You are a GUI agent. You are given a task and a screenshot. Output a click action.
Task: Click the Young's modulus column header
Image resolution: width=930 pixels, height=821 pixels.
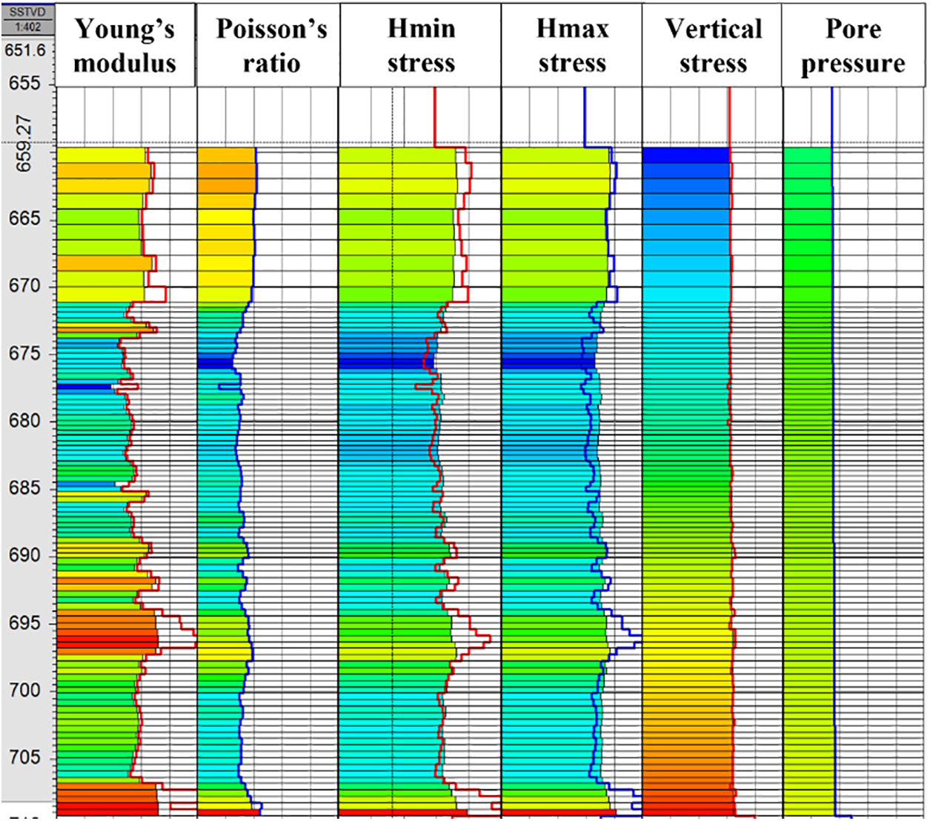click(124, 45)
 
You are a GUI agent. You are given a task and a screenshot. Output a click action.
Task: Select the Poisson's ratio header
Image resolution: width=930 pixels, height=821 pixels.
click(271, 45)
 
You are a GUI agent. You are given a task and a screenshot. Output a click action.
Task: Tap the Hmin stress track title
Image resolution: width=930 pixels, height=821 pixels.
click(421, 45)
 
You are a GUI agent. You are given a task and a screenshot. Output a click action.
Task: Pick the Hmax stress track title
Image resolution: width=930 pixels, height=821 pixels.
click(572, 45)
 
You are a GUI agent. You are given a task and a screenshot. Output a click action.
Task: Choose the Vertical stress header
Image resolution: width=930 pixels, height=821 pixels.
click(713, 45)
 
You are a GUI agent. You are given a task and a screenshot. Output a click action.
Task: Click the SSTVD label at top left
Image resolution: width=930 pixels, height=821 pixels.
click(27, 13)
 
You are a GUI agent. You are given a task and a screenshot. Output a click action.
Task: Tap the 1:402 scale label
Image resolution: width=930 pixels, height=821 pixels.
click(27, 27)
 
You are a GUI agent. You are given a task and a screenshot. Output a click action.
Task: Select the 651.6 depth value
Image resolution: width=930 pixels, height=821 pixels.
click(25, 50)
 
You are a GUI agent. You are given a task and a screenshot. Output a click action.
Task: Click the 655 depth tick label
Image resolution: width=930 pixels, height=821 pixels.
click(24, 83)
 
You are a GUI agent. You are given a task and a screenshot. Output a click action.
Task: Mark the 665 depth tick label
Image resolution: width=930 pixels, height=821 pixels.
click(24, 219)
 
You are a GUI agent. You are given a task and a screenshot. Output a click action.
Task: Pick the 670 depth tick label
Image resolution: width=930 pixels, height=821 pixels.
click(24, 286)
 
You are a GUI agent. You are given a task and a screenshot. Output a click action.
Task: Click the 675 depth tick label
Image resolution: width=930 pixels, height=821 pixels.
click(24, 353)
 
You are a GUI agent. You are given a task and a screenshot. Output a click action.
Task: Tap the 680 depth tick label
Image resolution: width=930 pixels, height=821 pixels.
click(24, 421)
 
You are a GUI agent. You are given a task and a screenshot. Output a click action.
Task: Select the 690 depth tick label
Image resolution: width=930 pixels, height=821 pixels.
click(24, 556)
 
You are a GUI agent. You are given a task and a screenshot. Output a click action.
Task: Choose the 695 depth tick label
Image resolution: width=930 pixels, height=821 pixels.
click(24, 623)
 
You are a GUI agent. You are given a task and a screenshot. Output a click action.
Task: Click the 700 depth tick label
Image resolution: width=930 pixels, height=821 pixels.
click(24, 691)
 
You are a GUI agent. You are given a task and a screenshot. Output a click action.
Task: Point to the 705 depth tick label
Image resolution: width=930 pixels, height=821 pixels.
click(24, 758)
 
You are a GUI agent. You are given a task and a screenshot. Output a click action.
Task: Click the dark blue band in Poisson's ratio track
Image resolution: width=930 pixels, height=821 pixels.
click(215, 362)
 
